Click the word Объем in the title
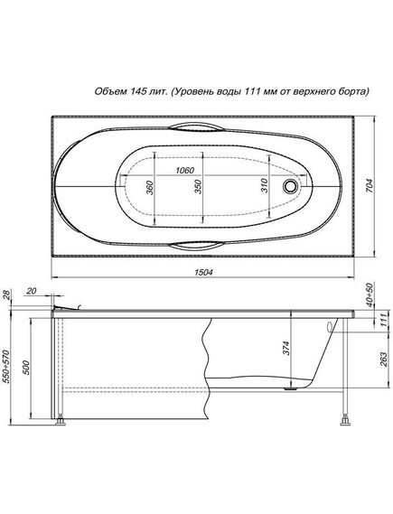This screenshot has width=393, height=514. point(113,91)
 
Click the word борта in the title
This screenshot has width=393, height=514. point(354,91)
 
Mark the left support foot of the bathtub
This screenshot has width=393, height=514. point(61,420)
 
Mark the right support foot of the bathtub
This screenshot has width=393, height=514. point(345,420)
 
